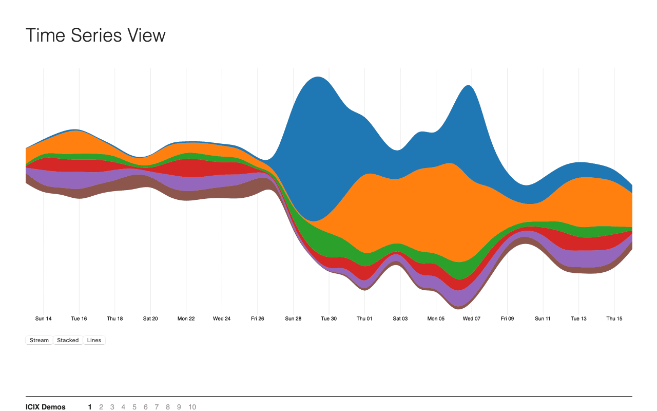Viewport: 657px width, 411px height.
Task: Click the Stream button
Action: click(x=39, y=340)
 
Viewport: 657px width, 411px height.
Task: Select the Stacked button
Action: click(x=68, y=340)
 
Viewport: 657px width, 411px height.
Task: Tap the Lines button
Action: click(x=94, y=340)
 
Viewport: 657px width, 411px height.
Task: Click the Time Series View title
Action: click(x=95, y=35)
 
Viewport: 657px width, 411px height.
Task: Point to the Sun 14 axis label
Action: click(x=43, y=319)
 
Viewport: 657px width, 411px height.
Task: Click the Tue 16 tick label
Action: click(x=79, y=319)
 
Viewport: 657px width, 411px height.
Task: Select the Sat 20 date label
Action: click(x=150, y=319)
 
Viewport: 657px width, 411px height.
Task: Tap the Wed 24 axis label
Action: click(x=222, y=319)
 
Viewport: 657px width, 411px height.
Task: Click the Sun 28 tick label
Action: click(x=293, y=319)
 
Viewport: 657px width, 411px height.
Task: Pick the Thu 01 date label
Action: click(x=364, y=319)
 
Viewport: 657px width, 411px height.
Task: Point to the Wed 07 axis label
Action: click(x=471, y=319)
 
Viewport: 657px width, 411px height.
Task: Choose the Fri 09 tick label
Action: click(x=507, y=319)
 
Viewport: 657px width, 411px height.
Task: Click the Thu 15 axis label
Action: click(x=614, y=319)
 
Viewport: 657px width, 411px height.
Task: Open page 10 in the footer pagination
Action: click(x=192, y=407)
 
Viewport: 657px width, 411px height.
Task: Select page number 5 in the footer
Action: click(x=134, y=407)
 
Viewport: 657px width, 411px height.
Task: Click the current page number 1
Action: click(x=90, y=407)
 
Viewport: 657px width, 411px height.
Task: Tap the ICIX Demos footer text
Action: click(x=46, y=407)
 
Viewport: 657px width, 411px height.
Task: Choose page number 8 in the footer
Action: click(x=168, y=407)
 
